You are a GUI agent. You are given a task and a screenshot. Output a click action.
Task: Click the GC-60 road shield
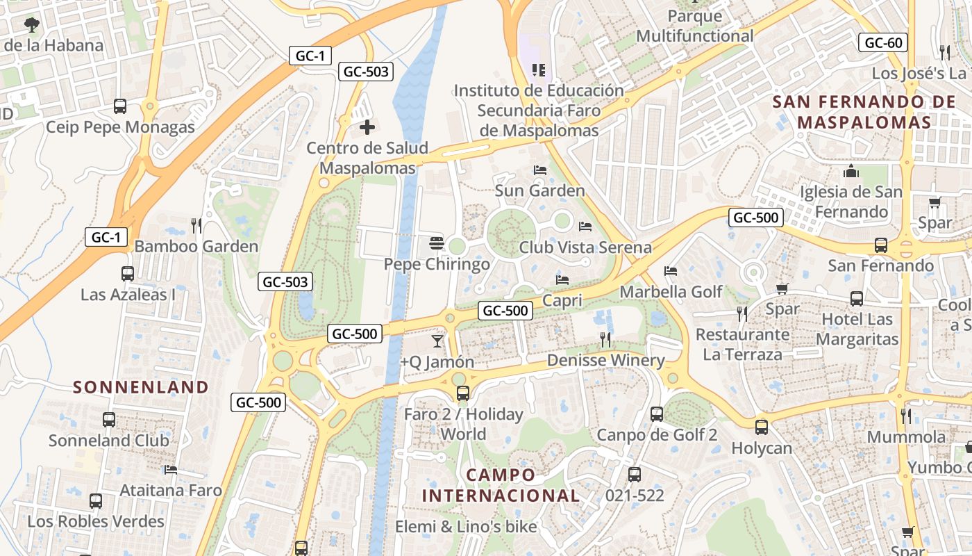884,43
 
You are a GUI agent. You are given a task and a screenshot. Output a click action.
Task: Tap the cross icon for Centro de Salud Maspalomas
367,127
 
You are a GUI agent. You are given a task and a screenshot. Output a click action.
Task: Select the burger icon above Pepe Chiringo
437,243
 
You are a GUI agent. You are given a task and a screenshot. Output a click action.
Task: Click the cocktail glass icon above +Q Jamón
437,341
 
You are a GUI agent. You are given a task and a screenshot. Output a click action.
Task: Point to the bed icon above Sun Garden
540,170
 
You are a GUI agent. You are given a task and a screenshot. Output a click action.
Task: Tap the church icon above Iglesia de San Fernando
851,171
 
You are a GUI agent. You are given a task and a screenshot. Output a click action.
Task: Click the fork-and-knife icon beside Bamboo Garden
196,225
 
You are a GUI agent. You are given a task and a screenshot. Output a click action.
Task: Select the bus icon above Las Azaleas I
128,273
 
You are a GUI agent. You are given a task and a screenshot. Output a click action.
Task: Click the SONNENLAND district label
141,387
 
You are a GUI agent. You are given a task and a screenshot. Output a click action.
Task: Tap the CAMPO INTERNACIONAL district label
501,485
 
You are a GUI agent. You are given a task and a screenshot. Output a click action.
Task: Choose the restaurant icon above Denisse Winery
605,339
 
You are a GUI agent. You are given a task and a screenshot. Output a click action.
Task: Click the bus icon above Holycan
762,427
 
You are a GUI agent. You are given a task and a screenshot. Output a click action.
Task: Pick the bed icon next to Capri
562,280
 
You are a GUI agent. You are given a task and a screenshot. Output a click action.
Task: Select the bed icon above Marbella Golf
671,271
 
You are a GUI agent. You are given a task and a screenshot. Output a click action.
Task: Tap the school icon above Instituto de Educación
538,69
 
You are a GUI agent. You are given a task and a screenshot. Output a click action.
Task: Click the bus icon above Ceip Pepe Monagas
120,106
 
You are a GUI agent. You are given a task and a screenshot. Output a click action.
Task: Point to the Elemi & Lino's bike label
466,526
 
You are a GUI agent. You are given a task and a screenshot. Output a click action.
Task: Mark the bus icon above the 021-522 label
635,475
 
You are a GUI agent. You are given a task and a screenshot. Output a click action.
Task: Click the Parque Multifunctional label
694,26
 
